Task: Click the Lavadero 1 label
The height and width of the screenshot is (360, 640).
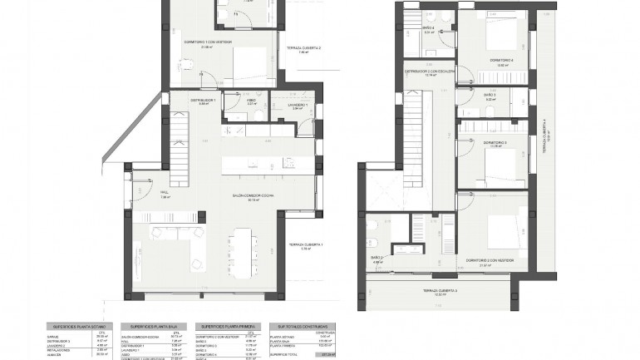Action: coord(298,105)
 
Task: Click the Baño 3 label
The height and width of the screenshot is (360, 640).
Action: coord(490,96)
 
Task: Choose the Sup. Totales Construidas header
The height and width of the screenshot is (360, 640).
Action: coord(298,326)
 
